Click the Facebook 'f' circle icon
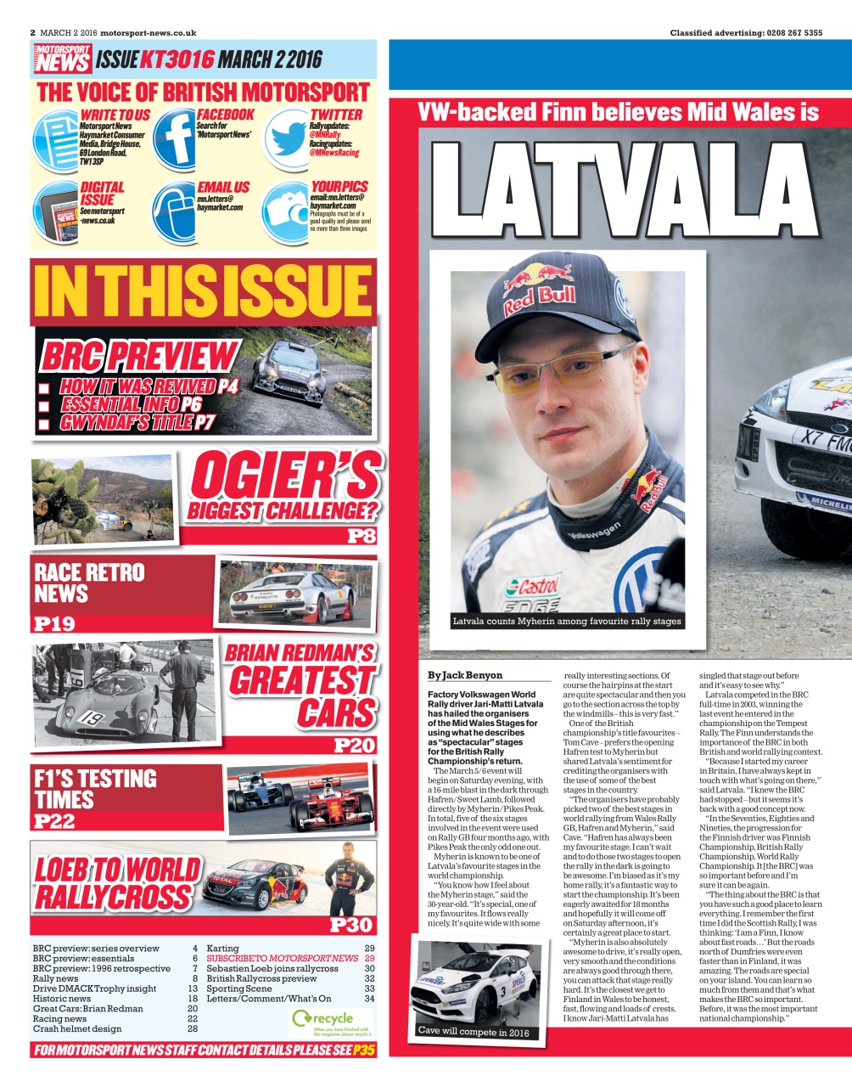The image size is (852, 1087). coord(174,137)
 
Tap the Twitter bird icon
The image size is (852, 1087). coord(286,138)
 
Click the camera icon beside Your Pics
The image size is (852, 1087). coord(285,211)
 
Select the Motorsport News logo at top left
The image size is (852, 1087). coord(63,59)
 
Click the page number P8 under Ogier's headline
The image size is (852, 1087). coord(361,537)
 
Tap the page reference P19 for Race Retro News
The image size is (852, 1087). coord(54,624)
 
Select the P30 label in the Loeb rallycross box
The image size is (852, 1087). coord(351,925)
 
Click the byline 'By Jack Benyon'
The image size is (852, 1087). coord(465,676)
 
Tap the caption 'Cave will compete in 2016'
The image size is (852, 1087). coord(473,1032)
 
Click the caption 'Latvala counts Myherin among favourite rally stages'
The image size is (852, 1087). coord(566,622)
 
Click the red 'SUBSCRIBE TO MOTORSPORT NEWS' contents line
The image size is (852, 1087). coord(283,958)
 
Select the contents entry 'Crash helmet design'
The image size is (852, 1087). coord(77,1028)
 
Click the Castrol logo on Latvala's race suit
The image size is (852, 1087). coord(533,587)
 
